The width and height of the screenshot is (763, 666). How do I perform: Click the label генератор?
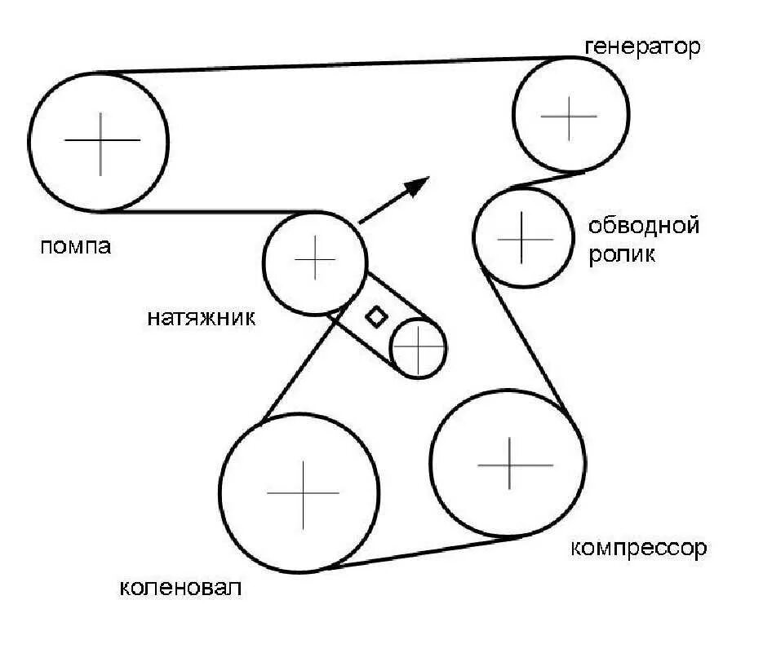click(x=642, y=47)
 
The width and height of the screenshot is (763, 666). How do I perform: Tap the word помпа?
click(x=75, y=246)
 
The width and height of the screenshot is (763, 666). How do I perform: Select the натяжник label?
click(x=201, y=317)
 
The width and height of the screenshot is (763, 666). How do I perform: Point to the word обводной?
click(x=644, y=225)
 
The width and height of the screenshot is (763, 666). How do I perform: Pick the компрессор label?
click(x=638, y=548)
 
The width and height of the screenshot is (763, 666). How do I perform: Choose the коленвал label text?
click(x=180, y=588)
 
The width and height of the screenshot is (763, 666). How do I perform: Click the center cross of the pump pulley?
click(x=100, y=142)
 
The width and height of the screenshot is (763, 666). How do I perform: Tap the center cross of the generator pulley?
click(x=570, y=116)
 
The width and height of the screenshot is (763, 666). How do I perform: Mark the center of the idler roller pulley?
click(x=524, y=237)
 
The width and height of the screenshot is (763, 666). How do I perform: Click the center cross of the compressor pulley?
click(x=509, y=464)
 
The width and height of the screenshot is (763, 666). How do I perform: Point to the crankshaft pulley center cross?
click(x=302, y=493)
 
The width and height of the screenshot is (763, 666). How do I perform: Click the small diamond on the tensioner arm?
click(x=376, y=315)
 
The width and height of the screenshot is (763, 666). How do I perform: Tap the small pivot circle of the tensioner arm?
click(x=418, y=348)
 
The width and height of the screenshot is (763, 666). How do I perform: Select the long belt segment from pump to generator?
click(x=335, y=64)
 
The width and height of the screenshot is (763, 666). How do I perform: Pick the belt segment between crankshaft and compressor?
click(x=424, y=553)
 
